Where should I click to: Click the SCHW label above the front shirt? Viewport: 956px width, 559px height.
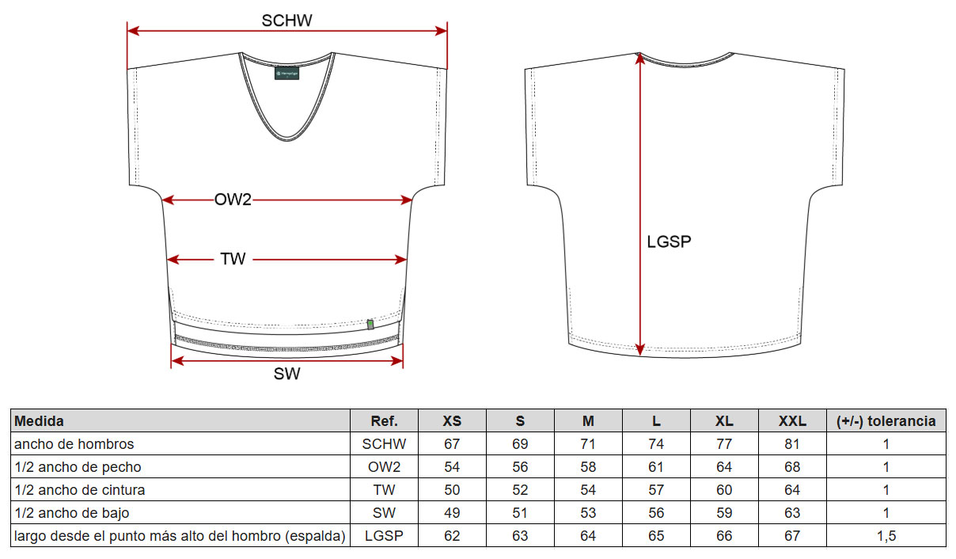tap(286, 21)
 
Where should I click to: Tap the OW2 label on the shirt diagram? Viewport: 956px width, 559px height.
tap(233, 200)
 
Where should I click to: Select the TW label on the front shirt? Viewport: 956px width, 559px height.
tap(233, 259)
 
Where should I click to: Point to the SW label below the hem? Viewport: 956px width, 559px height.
tap(286, 374)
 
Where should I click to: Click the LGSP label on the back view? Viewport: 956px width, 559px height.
tap(669, 241)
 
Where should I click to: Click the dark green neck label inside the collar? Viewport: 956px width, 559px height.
tap(286, 73)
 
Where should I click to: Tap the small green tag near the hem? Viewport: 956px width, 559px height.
tap(370, 325)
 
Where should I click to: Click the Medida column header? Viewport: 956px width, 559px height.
tap(39, 421)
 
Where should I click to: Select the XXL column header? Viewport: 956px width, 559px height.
tap(792, 421)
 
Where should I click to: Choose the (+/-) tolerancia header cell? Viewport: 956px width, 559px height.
tap(886, 421)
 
